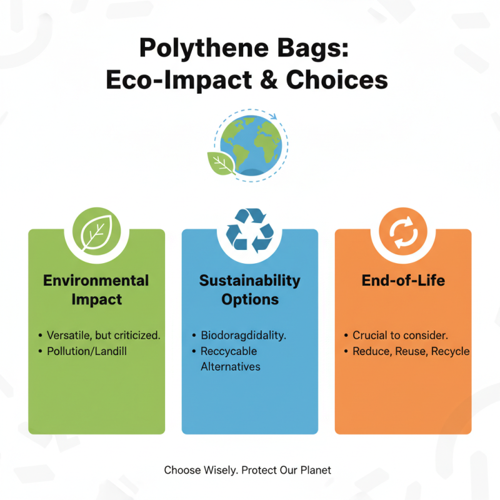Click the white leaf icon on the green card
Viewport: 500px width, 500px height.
click(96, 230)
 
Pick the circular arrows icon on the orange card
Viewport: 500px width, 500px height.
click(403, 231)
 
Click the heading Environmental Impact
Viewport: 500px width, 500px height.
click(96, 289)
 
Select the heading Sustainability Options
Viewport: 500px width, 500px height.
click(249, 289)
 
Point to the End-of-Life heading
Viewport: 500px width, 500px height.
click(403, 280)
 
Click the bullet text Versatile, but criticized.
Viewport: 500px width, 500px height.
click(104, 335)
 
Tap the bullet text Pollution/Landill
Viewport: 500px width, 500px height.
click(87, 351)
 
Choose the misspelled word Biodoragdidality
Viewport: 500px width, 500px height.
click(243, 335)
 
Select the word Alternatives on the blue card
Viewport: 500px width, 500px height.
click(231, 367)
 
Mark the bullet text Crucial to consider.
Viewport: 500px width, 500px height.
click(400, 335)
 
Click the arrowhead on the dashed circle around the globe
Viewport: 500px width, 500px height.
click(273, 115)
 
